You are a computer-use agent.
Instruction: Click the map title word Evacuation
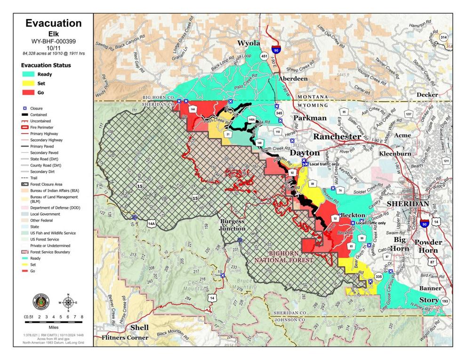(x=53, y=24)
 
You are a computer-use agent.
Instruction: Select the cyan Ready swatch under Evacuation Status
(x=28, y=74)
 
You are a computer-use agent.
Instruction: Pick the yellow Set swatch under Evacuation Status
(x=28, y=83)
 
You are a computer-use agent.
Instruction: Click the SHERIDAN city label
(x=408, y=204)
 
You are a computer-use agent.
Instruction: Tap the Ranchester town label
(x=337, y=136)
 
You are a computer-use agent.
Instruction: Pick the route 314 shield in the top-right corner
(x=443, y=37)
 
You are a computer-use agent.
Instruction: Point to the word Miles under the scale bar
(x=53, y=325)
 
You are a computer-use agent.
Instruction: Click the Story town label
(x=429, y=300)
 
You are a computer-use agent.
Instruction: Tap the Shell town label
(x=139, y=328)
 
